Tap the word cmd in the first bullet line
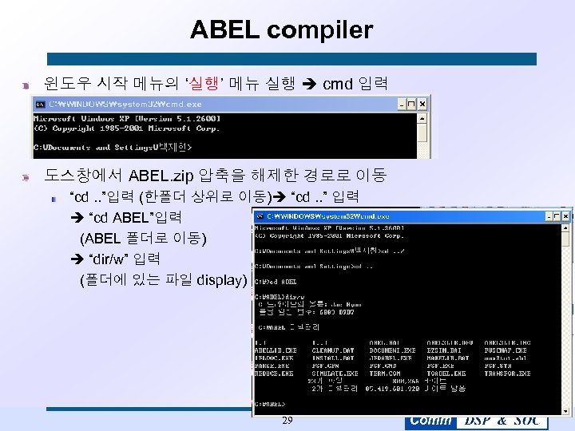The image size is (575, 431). click(x=337, y=82)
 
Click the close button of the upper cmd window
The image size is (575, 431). click(x=423, y=104)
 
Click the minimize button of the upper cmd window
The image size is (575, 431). click(x=402, y=104)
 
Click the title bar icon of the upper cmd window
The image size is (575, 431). click(x=39, y=104)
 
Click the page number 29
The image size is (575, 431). click(x=287, y=421)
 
